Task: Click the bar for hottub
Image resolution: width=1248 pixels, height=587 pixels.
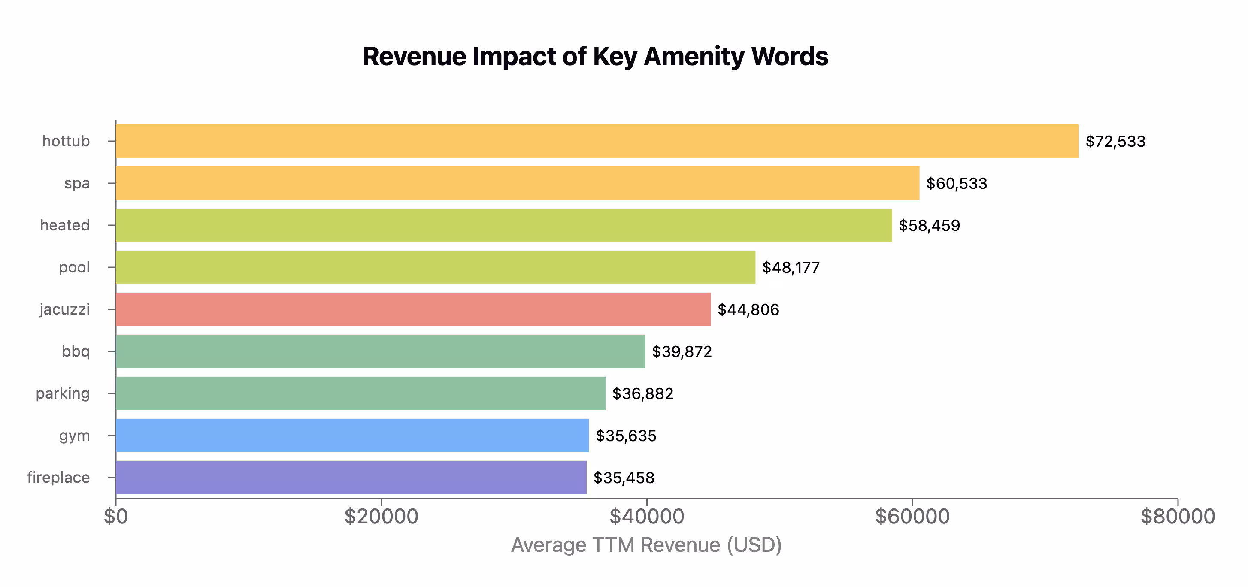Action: coord(597,141)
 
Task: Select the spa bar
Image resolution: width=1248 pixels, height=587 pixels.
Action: coord(518,183)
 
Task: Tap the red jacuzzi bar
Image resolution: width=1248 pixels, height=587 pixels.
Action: coord(413,309)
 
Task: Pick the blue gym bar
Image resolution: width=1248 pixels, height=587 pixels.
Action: coord(352,436)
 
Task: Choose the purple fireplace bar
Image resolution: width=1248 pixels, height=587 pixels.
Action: coord(351,478)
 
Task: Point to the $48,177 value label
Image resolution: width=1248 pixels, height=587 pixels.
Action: coord(791,267)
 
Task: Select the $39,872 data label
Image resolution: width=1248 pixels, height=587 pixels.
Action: coord(682,351)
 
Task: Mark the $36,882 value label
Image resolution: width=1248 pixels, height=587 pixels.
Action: coord(642,394)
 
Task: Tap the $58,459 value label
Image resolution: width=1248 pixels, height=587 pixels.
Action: coord(929,226)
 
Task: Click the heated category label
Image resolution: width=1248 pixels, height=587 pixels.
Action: coord(65,225)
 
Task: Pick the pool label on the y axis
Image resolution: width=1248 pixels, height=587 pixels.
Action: coord(74,267)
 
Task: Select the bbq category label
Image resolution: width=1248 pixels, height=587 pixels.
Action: coord(76,351)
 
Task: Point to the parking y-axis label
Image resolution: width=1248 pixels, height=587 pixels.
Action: coord(63,393)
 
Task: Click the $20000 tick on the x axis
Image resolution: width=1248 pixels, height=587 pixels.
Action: coord(381,516)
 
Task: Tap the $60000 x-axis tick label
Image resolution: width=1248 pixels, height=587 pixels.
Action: coord(912,516)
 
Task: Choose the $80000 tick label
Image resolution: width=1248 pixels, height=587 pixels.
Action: coord(1178,516)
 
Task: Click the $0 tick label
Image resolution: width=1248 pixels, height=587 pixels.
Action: coord(116,516)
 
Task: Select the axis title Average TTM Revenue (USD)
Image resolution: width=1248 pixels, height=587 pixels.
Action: coord(646,545)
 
